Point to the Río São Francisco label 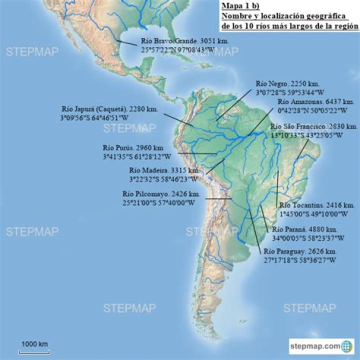[x=313, y=126]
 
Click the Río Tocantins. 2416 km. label [x=317, y=205]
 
